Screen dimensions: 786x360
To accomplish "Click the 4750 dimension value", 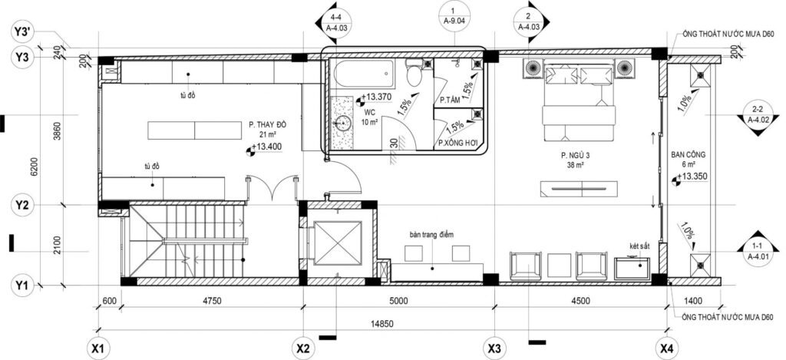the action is click(212, 301).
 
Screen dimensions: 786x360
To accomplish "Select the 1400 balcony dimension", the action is click(694, 301).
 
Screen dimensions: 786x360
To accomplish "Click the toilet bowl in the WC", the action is click(414, 73).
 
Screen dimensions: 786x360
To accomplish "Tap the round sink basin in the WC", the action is click(343, 124).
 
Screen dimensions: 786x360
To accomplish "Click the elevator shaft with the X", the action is click(338, 243).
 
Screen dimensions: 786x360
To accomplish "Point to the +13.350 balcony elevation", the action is click(690, 177).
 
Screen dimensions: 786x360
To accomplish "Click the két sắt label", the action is click(639, 246).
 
